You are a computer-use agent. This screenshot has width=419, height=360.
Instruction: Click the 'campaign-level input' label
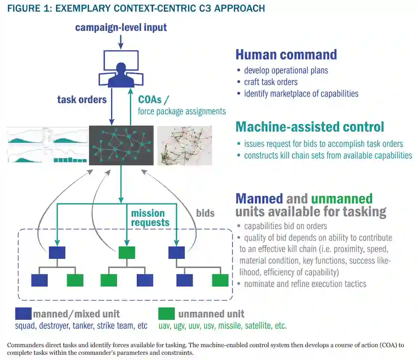(x=121, y=27)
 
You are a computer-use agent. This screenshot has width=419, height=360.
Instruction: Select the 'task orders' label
(x=82, y=100)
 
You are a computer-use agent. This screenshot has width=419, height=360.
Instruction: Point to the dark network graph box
(x=121, y=145)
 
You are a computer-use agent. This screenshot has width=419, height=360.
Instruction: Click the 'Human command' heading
(x=286, y=54)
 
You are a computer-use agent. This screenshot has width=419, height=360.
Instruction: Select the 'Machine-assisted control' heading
(x=310, y=127)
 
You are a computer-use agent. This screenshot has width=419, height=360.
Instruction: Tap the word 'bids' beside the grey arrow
(x=205, y=213)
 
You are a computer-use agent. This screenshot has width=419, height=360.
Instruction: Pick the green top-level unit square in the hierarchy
(x=127, y=252)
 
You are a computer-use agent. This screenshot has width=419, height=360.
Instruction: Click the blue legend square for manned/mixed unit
(x=23, y=313)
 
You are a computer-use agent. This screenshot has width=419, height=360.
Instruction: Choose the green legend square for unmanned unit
(x=166, y=313)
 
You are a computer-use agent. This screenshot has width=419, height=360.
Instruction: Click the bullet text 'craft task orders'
(x=271, y=82)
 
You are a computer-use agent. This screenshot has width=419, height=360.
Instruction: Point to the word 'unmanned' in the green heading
(x=342, y=198)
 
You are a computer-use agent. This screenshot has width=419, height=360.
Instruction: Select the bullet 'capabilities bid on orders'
(x=285, y=226)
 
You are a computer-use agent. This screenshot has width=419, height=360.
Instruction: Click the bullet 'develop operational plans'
(x=286, y=70)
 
